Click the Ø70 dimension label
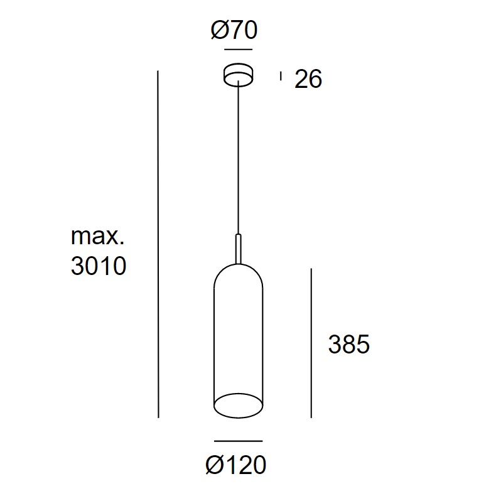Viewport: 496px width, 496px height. pos(234,30)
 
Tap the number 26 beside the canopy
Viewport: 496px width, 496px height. pos(308,78)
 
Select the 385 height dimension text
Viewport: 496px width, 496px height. pos(349,344)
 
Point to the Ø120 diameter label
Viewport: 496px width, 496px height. pos(236,465)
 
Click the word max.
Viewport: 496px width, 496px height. pos(97,237)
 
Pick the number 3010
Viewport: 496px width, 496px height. pos(99,266)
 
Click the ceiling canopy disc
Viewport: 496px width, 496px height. pos(238,75)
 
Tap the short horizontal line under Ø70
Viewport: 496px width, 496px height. pos(238,50)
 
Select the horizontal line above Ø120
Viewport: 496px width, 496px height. pos(238,441)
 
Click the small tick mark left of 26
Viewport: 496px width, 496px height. pos(281,76)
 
